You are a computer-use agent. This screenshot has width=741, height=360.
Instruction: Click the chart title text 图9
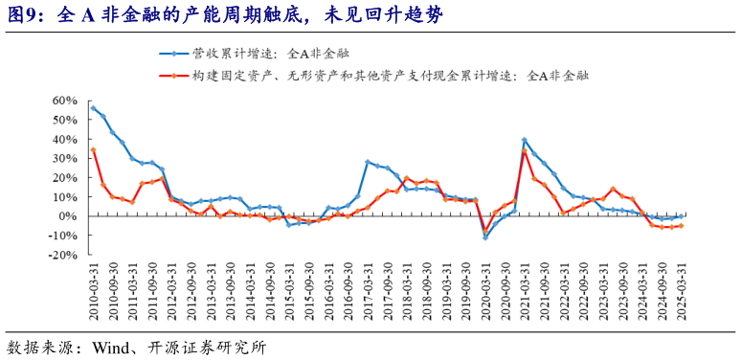pyautogui.click(x=28, y=15)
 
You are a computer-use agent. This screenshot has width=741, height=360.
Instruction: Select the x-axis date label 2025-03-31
pyautogui.click(x=681, y=295)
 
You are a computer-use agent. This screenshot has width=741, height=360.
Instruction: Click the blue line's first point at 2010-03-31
pyautogui.click(x=93, y=107)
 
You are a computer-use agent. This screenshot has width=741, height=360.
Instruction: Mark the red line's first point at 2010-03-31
pyautogui.click(x=93, y=149)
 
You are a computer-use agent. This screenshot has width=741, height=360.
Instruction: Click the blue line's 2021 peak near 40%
pyautogui.click(x=525, y=139)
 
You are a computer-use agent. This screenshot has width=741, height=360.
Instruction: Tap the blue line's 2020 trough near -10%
pyautogui.click(x=485, y=236)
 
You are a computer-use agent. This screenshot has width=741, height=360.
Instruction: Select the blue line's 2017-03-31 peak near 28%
pyautogui.click(x=368, y=162)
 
